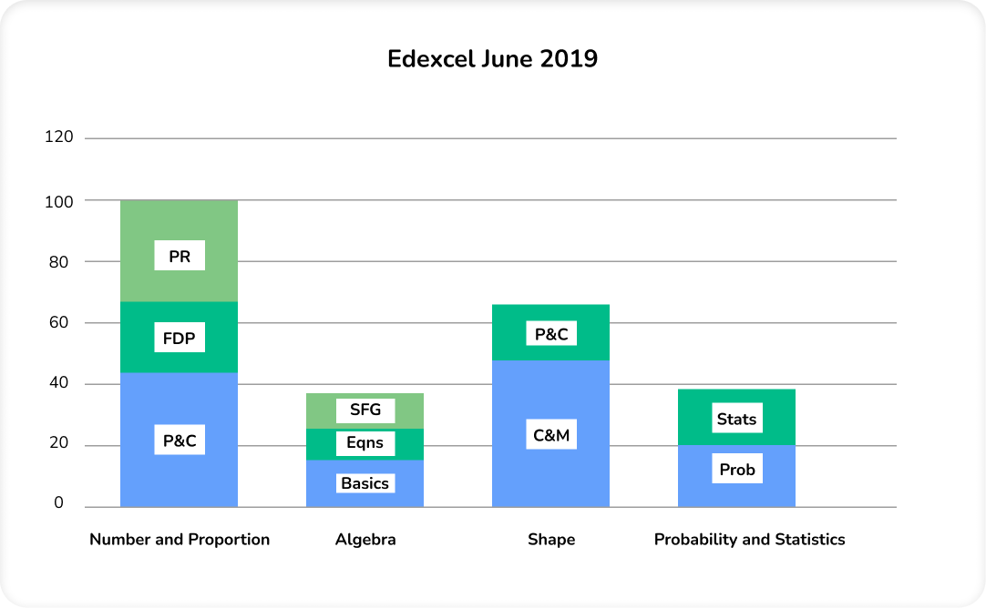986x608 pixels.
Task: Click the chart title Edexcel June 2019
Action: tap(492, 59)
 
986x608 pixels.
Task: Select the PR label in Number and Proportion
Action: tap(180, 256)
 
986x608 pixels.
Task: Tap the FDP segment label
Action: tap(180, 339)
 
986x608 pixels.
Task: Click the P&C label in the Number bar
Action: tap(180, 441)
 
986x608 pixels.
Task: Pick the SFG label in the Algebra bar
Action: tap(365, 410)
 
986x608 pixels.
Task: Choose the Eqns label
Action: tap(365, 443)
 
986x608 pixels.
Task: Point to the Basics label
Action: tap(365, 483)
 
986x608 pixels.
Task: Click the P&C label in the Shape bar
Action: tap(551, 334)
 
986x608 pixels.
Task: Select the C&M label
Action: tap(551, 435)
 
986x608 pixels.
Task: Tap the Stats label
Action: tap(736, 419)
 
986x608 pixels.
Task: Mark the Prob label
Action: tap(736, 470)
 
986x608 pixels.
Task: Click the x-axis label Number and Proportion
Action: tap(180, 540)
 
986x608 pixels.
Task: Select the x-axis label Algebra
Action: tap(365, 540)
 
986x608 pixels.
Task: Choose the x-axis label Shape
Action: tap(551, 540)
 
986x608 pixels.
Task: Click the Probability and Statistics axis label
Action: tap(749, 540)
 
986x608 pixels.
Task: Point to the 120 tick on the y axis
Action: tap(58, 137)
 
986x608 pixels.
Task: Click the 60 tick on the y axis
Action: tap(58, 322)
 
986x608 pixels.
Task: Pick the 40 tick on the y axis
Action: tap(58, 383)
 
